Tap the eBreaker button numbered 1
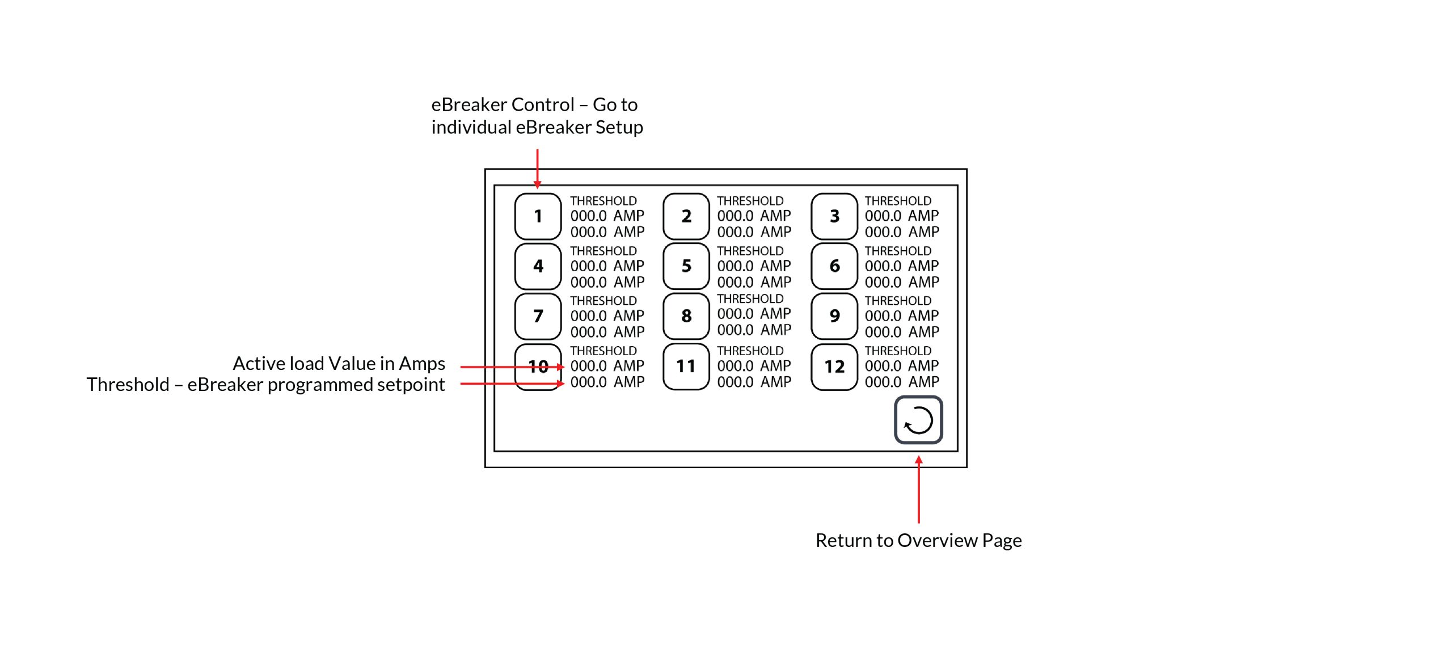pyautogui.click(x=538, y=216)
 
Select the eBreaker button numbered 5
pyautogui.click(x=686, y=266)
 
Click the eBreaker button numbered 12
pyautogui.click(x=834, y=367)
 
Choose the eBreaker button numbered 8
pyautogui.click(x=686, y=316)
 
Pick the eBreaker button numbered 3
pyautogui.click(x=834, y=216)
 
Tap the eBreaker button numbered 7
pyautogui.click(x=538, y=316)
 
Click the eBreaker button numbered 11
pyautogui.click(x=686, y=367)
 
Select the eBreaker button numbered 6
pyautogui.click(x=834, y=266)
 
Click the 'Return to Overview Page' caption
pyautogui.click(x=918, y=540)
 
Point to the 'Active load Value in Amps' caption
pyautogui.click(x=339, y=363)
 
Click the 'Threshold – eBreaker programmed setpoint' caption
pyautogui.click(x=265, y=385)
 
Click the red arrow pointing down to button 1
pyautogui.click(x=537, y=169)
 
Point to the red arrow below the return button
pyautogui.click(x=919, y=489)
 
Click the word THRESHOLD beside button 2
pyautogui.click(x=750, y=201)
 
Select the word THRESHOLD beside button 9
pyautogui.click(x=898, y=301)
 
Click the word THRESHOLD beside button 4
pyautogui.click(x=603, y=251)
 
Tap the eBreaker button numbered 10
pyautogui.click(x=538, y=367)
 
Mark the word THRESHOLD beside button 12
pyautogui.click(x=898, y=351)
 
